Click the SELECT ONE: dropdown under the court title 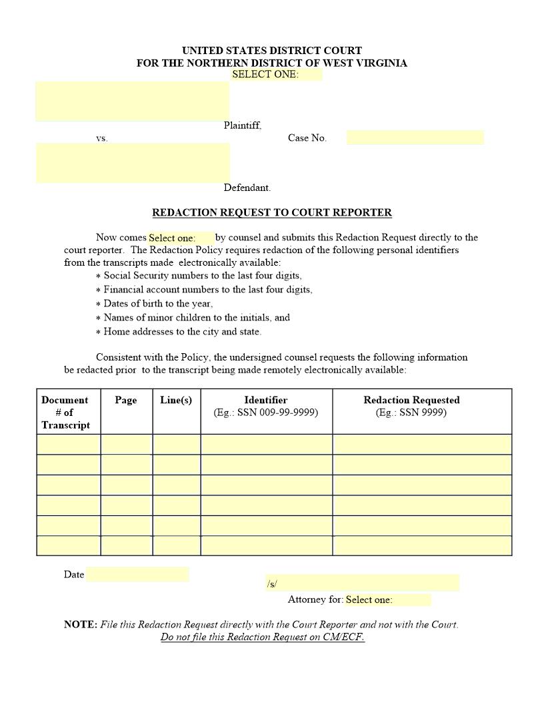click(x=276, y=74)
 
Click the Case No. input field click(x=415, y=138)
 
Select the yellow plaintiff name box click(x=132, y=101)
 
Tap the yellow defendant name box click(x=132, y=162)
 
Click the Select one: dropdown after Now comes click(x=181, y=238)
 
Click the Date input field click(x=137, y=574)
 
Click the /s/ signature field click(x=362, y=583)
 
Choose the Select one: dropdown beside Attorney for click(x=387, y=600)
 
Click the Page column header click(x=126, y=400)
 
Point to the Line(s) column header click(x=176, y=400)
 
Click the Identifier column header click(x=265, y=400)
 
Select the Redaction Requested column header click(x=411, y=400)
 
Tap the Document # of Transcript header click(x=65, y=412)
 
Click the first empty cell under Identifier click(x=266, y=445)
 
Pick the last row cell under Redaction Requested click(x=422, y=545)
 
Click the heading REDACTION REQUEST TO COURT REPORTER click(x=272, y=213)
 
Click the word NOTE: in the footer click(x=81, y=625)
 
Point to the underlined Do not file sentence click(x=263, y=637)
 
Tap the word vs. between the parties click(x=101, y=138)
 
